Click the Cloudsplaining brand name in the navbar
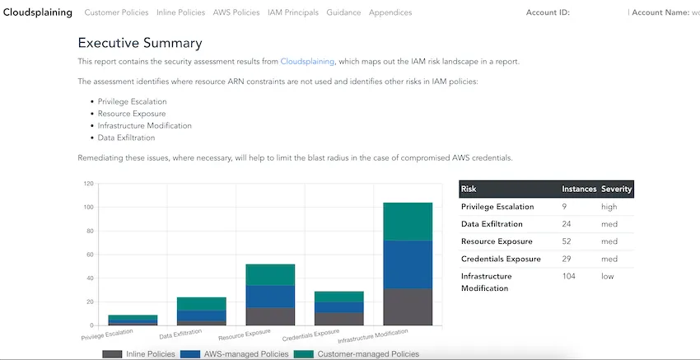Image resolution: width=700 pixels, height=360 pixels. coord(38,12)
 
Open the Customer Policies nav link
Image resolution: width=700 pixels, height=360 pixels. coord(116,12)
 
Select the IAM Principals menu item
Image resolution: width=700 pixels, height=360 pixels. coord(293,12)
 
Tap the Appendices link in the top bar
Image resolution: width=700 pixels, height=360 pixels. coord(390,12)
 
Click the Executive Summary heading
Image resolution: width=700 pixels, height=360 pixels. coord(140,43)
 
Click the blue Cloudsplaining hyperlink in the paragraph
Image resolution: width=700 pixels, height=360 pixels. coord(307,62)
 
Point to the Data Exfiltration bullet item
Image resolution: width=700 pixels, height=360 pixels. coord(126,138)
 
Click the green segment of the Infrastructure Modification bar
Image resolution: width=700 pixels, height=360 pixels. coord(408,222)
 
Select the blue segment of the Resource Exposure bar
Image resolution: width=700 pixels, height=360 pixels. coord(270,297)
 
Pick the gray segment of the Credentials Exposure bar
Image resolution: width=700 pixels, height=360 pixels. coord(338,319)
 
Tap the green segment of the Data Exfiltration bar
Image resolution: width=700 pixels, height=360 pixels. coord(201,304)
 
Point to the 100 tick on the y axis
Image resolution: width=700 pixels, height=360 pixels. coord(88,208)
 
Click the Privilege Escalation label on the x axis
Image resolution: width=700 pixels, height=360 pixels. coord(107,335)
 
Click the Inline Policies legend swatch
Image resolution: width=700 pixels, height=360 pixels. coord(112,354)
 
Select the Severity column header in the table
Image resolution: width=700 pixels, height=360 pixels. coord(616,189)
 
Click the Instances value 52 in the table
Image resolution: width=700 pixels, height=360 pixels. coord(567,241)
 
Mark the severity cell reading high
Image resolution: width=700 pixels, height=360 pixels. coord(609,206)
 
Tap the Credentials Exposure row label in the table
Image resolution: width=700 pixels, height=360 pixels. coord(501,259)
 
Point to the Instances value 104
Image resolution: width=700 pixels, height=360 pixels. coord(569,276)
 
